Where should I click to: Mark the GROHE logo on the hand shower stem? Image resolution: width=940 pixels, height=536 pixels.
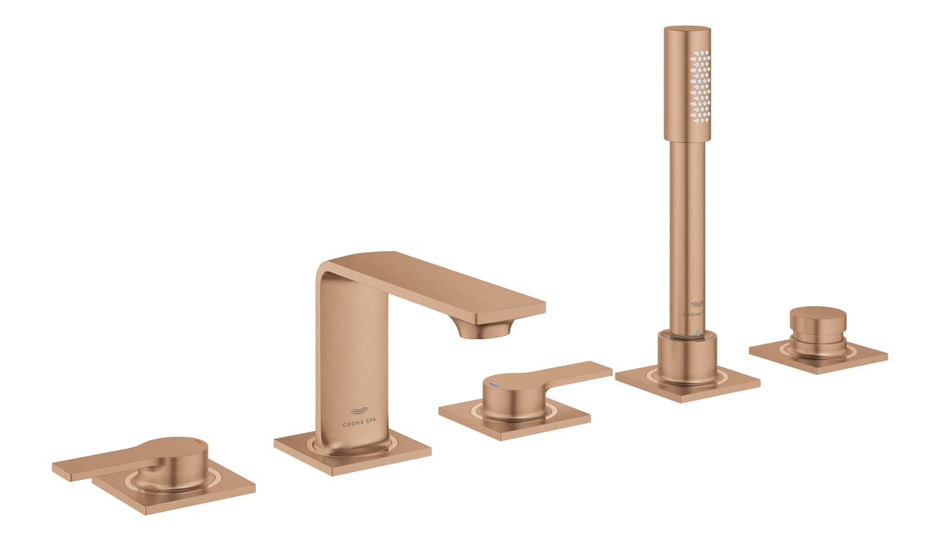click(x=694, y=308)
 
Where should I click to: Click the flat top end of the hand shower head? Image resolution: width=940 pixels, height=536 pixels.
click(x=687, y=29)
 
